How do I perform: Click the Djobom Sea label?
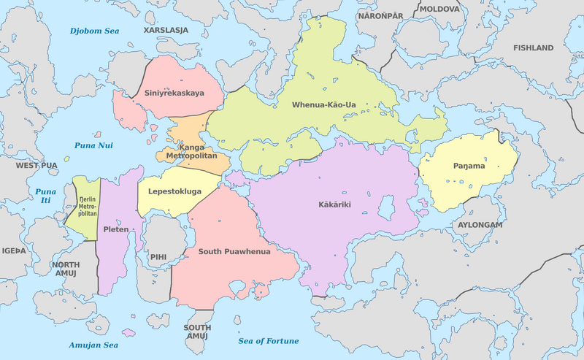pos(93,31)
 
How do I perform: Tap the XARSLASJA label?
pos(166,31)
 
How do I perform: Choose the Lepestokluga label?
pos(174,192)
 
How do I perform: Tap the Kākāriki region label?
pos(334,204)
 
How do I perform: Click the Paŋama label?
pos(467,166)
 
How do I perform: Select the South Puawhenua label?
pos(235,251)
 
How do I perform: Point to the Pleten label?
pos(116,229)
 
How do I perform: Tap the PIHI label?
pos(158,257)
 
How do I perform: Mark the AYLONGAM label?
pos(480,225)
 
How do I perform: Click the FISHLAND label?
pos(533,47)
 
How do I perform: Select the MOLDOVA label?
pos(439,9)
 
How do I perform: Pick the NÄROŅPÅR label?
pos(380,15)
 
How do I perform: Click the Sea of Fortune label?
pos(269,341)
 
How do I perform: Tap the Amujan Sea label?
pos(93,345)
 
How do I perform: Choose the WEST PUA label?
pos(36,166)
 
